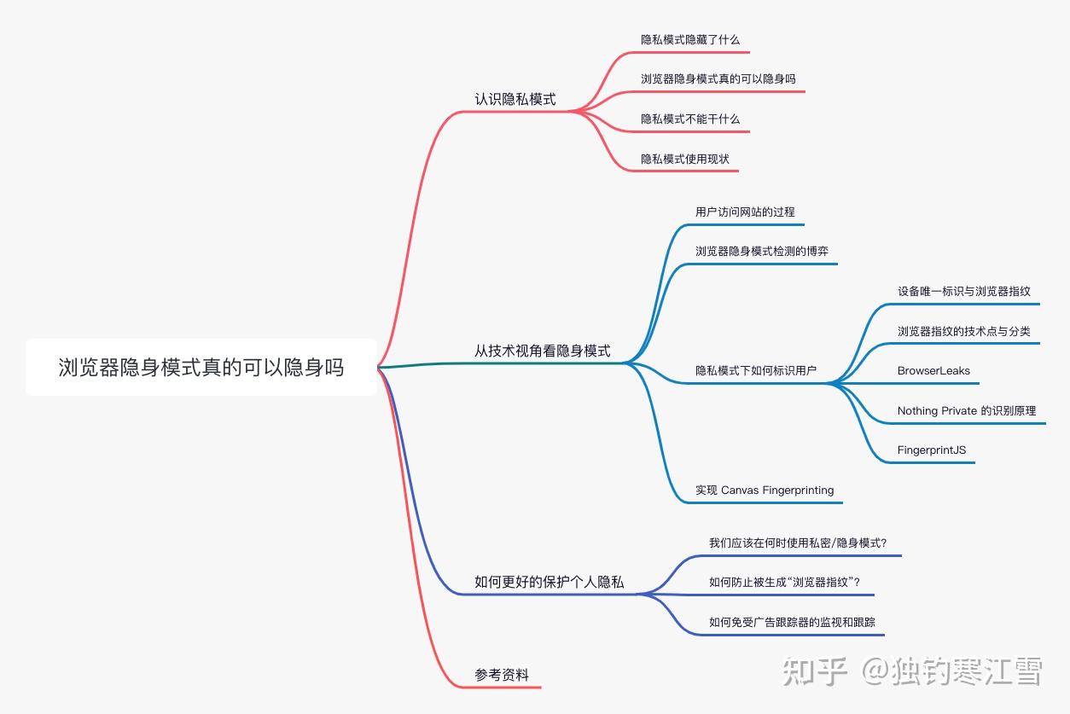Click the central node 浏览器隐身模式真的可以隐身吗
(x=201, y=368)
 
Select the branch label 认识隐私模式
(x=515, y=99)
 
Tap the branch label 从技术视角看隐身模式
(x=542, y=351)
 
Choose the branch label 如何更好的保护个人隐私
(x=549, y=582)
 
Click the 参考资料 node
(x=502, y=675)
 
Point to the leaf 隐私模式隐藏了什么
(x=690, y=39)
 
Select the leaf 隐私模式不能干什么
(x=690, y=119)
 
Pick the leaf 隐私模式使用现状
(x=685, y=159)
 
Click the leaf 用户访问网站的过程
(x=745, y=212)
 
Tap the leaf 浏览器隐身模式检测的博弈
(x=762, y=251)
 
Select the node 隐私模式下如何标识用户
(x=756, y=370)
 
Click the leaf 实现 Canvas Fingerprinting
(x=765, y=490)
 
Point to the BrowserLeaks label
(x=933, y=371)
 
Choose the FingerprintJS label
(x=932, y=450)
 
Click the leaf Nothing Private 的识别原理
(x=967, y=410)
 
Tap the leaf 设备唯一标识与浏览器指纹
(x=963, y=291)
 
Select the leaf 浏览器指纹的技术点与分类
(x=963, y=331)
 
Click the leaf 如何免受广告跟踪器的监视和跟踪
(x=792, y=622)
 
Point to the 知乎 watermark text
(x=815, y=671)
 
